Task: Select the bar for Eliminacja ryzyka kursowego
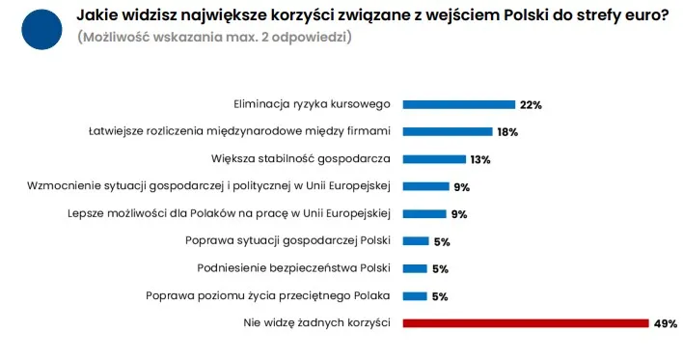[x=458, y=104]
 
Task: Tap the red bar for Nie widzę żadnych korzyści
[x=525, y=323]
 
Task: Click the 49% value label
[x=666, y=323]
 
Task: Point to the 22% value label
[x=531, y=104]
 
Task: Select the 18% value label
[x=507, y=131]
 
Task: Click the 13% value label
[x=480, y=159]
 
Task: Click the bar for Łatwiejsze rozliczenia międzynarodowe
[x=448, y=131]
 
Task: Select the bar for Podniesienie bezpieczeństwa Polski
[x=415, y=269]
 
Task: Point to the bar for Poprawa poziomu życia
[x=415, y=296]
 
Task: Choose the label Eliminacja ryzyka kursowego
[x=312, y=104]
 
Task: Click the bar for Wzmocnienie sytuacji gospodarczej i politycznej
[x=424, y=186]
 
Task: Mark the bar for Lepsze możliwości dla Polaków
[x=424, y=214]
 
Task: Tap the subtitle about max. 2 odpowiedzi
[x=213, y=38]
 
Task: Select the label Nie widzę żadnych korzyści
[x=316, y=323]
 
